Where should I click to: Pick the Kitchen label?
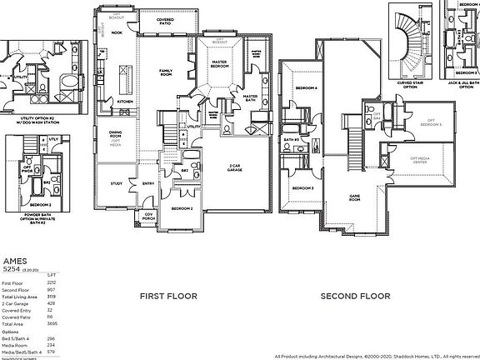125,102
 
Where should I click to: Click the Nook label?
117,33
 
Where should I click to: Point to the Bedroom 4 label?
306,87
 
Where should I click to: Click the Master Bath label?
249,97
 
